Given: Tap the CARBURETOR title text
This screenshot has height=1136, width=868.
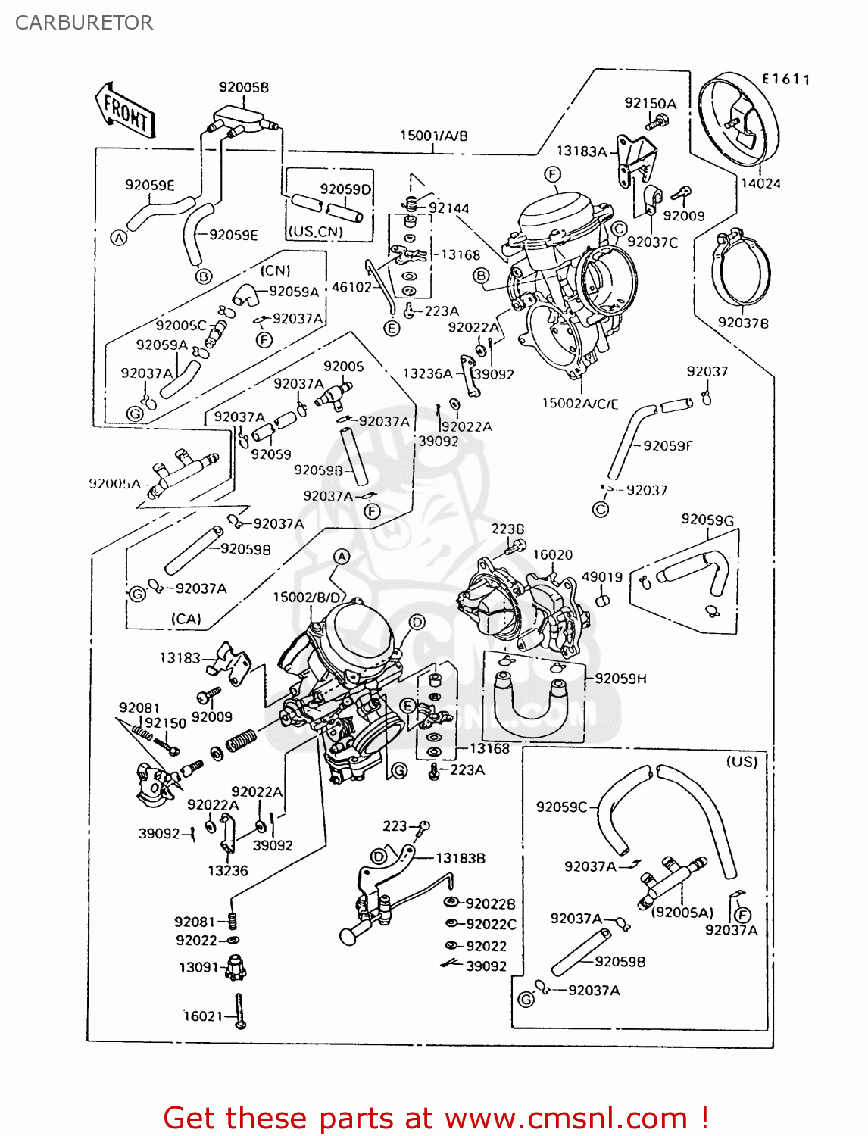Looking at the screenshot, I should tap(84, 23).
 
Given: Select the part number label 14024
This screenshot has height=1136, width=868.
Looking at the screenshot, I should tap(760, 183).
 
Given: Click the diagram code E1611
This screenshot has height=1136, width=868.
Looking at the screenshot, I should tap(785, 79).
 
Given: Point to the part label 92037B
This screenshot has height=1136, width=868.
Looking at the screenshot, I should tap(743, 323).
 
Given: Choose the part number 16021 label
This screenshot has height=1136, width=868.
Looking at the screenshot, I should tap(204, 1016).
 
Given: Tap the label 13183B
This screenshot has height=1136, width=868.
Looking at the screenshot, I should tap(460, 858).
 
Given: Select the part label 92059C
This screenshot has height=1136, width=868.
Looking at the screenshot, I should tap(561, 807).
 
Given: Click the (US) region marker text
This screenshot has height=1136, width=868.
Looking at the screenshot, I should tap(742, 761).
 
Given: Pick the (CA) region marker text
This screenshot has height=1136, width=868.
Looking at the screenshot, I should tap(186, 619).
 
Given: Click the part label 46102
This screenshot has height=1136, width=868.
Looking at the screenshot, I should tap(352, 287).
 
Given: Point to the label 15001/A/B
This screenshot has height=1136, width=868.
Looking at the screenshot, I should tap(433, 136).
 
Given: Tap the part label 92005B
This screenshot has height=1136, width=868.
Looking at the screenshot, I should tap(243, 87).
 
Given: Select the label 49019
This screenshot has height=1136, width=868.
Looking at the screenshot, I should tap(601, 577).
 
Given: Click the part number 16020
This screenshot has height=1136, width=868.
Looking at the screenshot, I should tap(552, 554).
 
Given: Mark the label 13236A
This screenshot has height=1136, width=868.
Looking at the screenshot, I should tap(427, 373).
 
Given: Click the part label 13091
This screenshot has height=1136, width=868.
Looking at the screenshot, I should tap(198, 967).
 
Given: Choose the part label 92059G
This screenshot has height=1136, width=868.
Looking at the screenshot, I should tap(707, 520).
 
